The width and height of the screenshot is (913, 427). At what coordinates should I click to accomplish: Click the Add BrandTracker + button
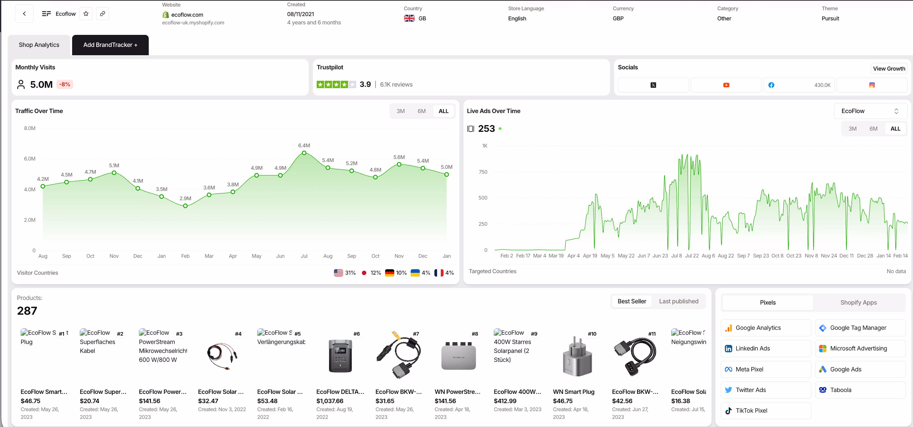(110, 45)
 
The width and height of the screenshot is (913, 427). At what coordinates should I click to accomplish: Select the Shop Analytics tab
(39, 45)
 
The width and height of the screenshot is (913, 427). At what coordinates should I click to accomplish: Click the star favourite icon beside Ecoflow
(86, 14)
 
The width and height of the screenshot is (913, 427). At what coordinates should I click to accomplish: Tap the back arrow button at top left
(24, 14)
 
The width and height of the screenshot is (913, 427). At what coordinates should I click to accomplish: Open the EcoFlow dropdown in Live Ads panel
(870, 111)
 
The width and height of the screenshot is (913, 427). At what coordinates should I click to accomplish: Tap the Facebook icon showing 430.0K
(771, 85)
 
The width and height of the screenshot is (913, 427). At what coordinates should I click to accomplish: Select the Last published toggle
(678, 301)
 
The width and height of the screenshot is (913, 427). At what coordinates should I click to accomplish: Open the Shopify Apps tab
(858, 303)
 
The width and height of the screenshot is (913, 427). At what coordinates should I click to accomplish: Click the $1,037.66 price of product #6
(330, 401)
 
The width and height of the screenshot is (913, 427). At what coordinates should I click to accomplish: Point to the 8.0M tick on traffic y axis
(30, 128)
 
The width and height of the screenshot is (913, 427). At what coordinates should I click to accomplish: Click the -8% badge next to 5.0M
(64, 85)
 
